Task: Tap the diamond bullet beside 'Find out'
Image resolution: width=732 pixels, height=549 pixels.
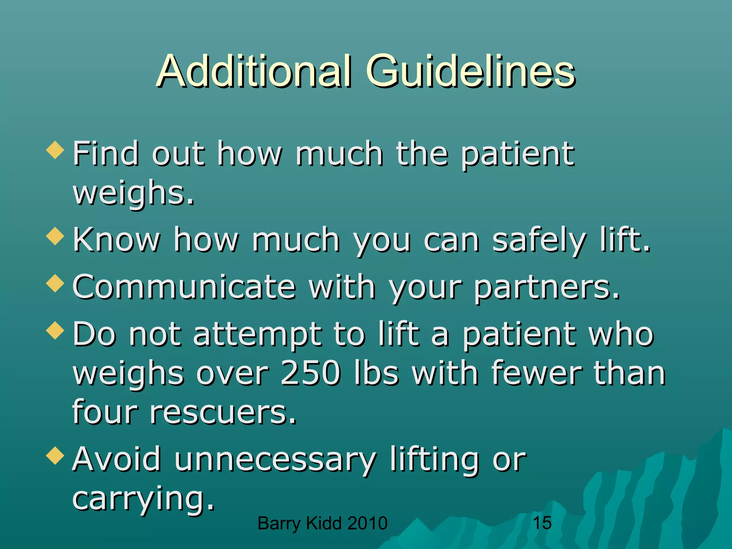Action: pos(55,150)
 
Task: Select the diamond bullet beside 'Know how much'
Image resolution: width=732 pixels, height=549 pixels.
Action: pos(55,236)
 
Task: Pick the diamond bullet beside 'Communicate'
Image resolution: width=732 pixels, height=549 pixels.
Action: pos(55,283)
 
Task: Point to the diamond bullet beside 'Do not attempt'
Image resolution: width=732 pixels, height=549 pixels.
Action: pos(55,330)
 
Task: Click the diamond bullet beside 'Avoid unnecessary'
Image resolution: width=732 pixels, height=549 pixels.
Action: pos(55,455)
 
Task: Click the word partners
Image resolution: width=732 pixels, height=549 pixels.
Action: pos(547,288)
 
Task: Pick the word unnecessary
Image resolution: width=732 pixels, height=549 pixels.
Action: pos(275,460)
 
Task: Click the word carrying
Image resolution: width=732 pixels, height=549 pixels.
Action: pos(143,499)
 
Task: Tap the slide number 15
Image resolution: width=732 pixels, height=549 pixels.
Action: pos(542,523)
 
